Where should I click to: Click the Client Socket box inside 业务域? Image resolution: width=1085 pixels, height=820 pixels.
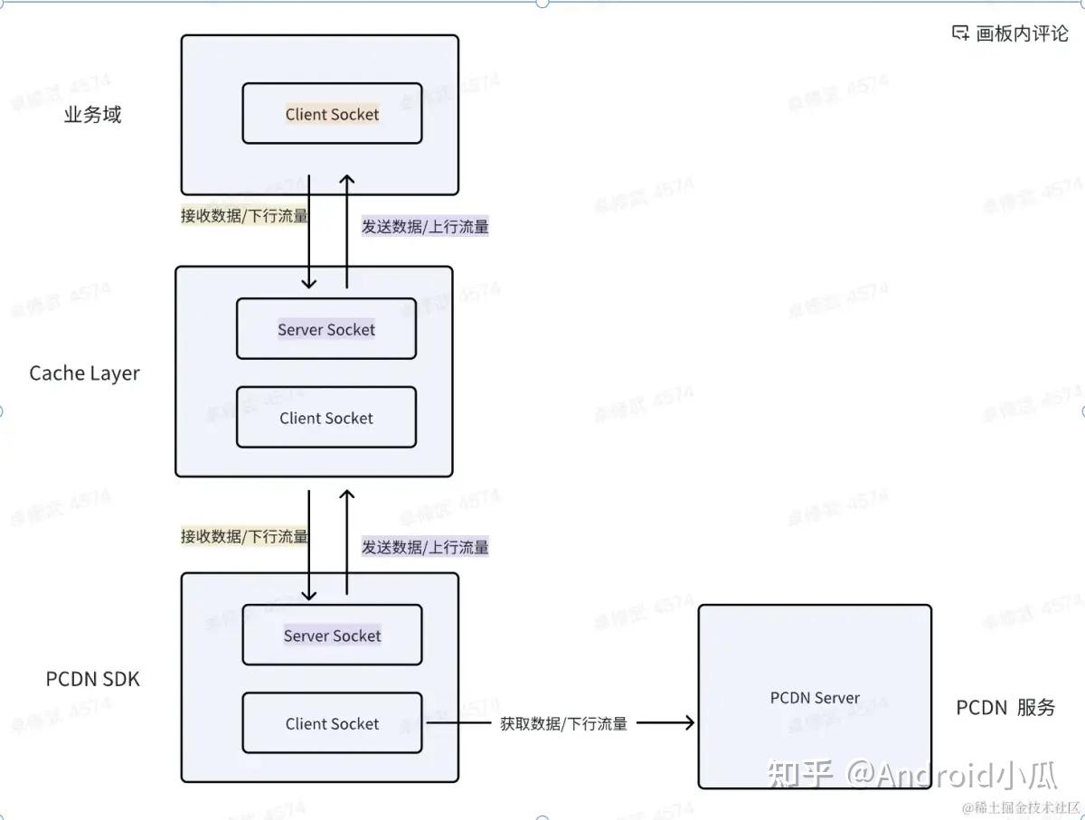coord(332,114)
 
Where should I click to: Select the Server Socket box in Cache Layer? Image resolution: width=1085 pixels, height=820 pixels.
coord(326,329)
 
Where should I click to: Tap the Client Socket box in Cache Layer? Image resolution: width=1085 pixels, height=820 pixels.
coord(326,418)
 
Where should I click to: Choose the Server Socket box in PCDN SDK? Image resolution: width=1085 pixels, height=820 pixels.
coord(332,635)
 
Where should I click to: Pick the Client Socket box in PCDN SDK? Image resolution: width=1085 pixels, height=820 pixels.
coord(332,723)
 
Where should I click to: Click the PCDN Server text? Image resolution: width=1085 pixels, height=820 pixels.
coord(815,697)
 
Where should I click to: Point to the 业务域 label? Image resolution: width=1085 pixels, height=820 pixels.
coord(92,115)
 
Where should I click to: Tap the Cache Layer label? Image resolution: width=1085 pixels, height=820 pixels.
coord(85,373)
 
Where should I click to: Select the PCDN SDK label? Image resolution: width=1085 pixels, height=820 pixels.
coord(93,678)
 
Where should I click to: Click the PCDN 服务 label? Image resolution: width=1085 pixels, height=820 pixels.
coord(1005,707)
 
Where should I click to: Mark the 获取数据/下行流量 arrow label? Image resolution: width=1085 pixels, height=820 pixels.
coord(563,723)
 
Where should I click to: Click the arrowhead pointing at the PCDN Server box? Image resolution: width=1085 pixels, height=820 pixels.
coord(690,722)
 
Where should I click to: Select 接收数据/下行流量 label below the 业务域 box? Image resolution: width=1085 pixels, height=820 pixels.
coord(244,215)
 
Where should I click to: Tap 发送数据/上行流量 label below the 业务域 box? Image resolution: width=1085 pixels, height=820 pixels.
coord(425,226)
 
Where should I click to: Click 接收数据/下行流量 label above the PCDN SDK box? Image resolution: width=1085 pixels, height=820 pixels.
coord(244,536)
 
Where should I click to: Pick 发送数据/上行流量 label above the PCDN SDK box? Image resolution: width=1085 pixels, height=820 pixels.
coord(425,547)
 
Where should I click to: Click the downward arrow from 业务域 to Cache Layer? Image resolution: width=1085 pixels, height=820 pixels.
coord(309,231)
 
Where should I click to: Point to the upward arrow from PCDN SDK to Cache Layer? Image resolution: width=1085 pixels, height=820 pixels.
coord(346,542)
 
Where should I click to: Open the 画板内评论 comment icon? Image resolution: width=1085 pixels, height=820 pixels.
coord(960,33)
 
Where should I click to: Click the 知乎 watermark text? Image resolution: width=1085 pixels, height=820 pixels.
coord(799,775)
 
